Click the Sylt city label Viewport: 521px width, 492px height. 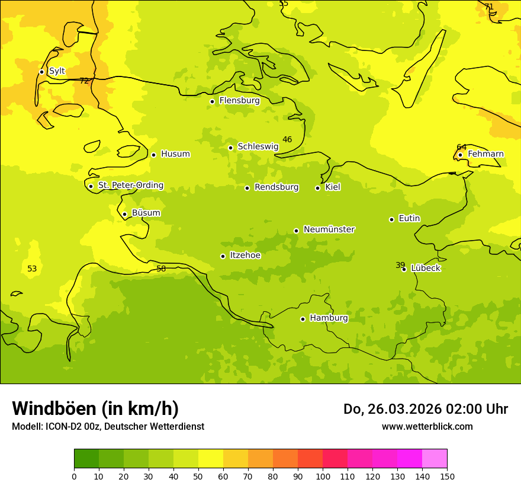[57, 71]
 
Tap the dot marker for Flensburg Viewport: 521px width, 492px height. [212, 101]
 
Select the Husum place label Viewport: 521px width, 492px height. [175, 154]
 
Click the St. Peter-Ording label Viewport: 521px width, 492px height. [130, 186]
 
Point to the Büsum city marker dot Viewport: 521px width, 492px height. [124, 214]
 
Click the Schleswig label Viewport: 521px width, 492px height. [258, 146]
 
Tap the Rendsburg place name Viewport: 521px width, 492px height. [276, 187]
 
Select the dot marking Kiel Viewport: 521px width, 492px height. [317, 188]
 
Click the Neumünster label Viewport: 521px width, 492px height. [329, 229]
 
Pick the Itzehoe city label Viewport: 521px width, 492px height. [245, 255]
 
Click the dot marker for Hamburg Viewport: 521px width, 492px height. [303, 319]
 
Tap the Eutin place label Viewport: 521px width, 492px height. [409, 219]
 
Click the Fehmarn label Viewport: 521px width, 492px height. [485, 154]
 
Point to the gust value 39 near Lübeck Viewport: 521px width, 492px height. [400, 265]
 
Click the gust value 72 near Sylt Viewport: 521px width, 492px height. [84, 81]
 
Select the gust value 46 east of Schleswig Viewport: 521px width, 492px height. [287, 139]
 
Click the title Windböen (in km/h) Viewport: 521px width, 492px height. [95, 408]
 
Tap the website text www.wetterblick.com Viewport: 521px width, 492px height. [427, 426]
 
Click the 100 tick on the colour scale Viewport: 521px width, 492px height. [323, 476]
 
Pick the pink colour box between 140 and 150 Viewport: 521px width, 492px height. [435, 459]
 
